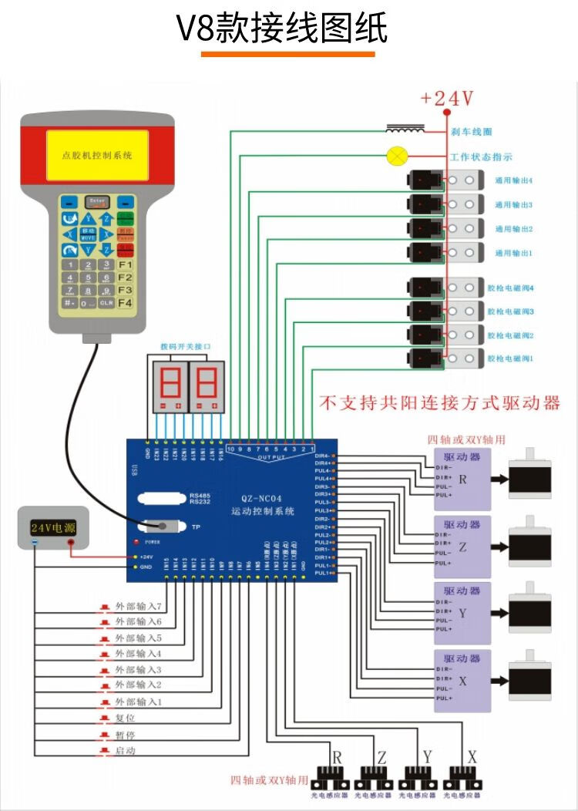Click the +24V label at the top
446,98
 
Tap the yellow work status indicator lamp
397,156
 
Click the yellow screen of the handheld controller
96,155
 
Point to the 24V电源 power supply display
52,528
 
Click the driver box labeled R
462,479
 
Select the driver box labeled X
462,680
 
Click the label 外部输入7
138,606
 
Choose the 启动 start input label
125,750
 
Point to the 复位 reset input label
125,718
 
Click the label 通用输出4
513,180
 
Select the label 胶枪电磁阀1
510,358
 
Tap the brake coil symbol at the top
406,128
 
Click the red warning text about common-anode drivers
439,402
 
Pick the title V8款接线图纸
282,29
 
